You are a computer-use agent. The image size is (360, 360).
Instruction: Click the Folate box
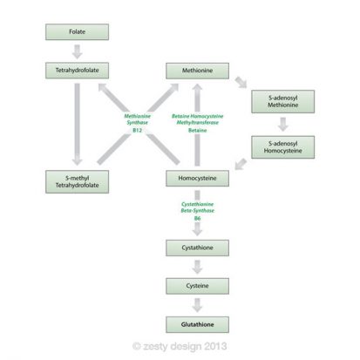(x=77, y=33)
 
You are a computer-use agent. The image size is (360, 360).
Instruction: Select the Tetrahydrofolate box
(x=77, y=70)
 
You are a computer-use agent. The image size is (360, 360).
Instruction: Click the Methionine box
(x=198, y=70)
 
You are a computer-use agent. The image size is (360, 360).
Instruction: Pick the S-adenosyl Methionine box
(x=282, y=101)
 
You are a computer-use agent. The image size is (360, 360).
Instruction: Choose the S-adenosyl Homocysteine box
(x=282, y=146)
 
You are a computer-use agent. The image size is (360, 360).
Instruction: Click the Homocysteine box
(x=198, y=179)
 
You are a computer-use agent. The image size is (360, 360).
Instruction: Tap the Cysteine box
(x=198, y=286)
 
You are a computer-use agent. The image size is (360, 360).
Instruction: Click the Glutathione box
(x=198, y=323)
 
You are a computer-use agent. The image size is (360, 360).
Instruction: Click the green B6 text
(x=198, y=219)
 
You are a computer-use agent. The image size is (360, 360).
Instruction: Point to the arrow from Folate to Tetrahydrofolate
(x=77, y=51)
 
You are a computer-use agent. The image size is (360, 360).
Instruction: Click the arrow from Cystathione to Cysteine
(x=198, y=268)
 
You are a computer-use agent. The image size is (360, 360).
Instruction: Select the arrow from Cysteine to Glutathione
(x=198, y=305)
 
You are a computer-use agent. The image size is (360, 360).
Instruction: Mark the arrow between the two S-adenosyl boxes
(x=282, y=124)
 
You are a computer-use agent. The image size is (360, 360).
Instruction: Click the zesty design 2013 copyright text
(x=180, y=346)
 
